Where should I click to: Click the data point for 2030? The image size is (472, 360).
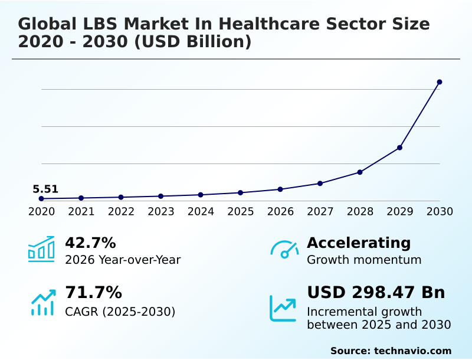tap(440, 82)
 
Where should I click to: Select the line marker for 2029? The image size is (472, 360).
tap(399, 148)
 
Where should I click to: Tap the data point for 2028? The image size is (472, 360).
tap(360, 172)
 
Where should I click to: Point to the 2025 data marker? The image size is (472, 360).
tap(240, 193)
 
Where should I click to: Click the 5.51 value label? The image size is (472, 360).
tap(45, 189)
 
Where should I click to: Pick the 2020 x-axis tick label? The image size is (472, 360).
tap(41, 212)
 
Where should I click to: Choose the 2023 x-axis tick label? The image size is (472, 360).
tap(160, 212)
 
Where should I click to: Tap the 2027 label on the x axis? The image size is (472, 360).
tap(320, 212)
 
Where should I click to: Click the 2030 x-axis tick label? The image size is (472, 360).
tap(440, 212)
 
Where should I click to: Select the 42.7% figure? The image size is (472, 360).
tap(90, 243)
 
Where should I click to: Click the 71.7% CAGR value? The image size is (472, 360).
tap(93, 293)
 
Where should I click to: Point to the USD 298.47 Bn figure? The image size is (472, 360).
tap(376, 293)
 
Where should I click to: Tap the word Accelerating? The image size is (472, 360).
tap(359, 243)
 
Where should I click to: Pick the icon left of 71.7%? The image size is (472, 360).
tap(42, 302)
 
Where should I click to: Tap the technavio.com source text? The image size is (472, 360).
tap(412, 351)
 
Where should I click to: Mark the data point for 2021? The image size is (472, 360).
tap(81, 198)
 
